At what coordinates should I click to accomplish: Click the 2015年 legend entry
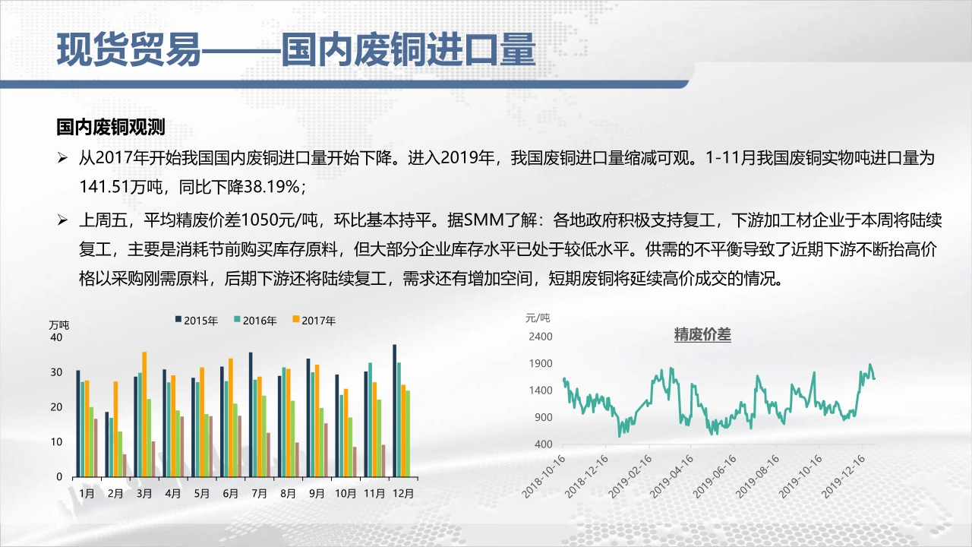[197, 321]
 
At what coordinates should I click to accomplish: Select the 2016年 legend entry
[256, 321]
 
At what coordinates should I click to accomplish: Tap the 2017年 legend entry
[314, 321]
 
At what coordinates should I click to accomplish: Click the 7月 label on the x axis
[260, 494]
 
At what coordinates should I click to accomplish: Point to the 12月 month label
[403, 494]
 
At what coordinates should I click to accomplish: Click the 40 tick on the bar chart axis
[56, 337]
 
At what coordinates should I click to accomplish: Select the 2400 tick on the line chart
[541, 337]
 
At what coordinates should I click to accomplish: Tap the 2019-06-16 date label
[715, 476]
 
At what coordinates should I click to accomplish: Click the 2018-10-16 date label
[544, 476]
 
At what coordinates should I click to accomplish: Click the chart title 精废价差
[702, 335]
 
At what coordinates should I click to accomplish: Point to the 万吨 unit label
[59, 324]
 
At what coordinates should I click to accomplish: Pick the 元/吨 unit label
[538, 318]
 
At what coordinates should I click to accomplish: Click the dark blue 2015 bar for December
[394, 411]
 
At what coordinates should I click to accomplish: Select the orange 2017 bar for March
[144, 414]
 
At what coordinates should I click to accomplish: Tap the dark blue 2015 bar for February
[107, 444]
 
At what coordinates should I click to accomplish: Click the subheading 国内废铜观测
[111, 127]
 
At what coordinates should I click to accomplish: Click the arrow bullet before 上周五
[62, 220]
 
